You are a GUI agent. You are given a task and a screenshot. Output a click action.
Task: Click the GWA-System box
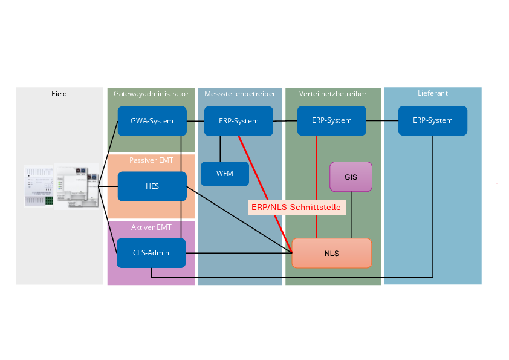point(152,121)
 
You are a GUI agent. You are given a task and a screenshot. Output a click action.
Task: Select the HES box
point(152,186)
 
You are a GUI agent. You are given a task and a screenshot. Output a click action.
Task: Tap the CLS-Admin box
point(151,253)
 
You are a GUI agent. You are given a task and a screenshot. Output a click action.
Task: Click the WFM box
point(224,174)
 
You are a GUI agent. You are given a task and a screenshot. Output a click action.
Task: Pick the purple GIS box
point(351,177)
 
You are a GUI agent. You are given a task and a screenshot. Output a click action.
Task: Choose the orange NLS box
point(331,253)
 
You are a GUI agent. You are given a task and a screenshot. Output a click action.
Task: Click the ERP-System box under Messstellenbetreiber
point(239,121)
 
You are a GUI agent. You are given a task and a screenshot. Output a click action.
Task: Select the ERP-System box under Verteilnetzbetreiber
point(331,120)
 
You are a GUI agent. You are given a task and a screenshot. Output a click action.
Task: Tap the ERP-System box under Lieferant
point(432,120)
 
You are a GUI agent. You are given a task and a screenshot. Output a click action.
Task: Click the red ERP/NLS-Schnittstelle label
point(296,207)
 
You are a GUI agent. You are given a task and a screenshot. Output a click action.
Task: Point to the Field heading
point(59,94)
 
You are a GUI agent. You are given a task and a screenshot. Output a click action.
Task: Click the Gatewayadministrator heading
point(151,94)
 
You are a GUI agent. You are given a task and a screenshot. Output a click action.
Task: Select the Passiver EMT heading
point(151,160)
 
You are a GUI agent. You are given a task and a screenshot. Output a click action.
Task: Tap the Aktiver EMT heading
point(151,227)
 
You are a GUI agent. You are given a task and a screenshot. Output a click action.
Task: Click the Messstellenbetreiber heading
point(240,94)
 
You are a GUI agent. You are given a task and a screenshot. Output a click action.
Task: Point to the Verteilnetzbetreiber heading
point(332,94)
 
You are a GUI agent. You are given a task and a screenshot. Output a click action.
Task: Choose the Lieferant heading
point(432,93)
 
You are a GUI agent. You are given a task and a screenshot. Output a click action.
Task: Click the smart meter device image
point(61,186)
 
